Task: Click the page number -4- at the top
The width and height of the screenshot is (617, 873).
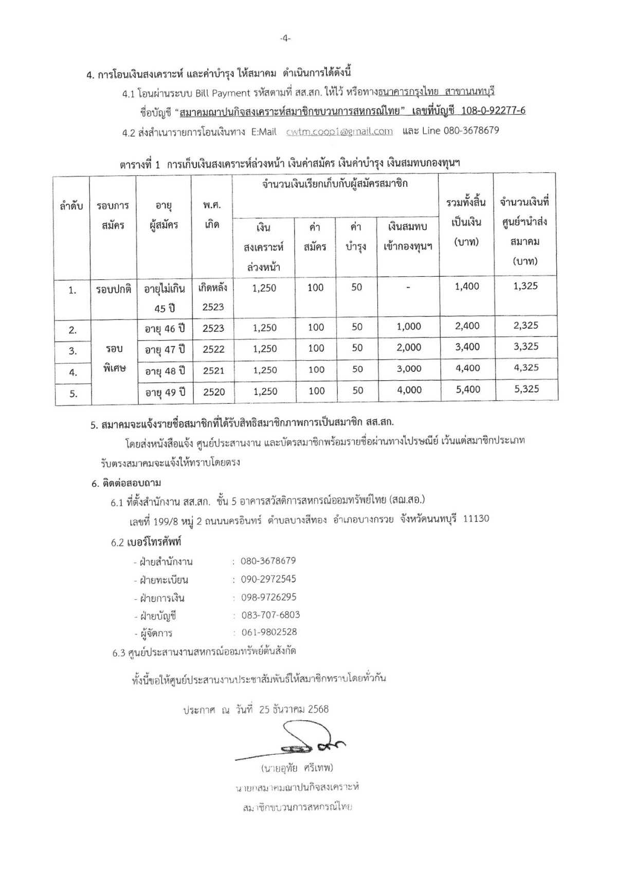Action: coord(285,38)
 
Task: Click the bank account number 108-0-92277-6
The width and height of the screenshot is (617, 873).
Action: coord(492,111)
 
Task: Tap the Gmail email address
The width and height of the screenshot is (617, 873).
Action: coord(339,131)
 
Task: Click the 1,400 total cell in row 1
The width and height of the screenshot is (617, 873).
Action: coord(467,287)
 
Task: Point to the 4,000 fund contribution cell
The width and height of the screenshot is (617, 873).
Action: coord(409,390)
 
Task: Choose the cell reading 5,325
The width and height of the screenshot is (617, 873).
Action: coord(525,389)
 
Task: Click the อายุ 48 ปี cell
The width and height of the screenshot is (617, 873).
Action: coord(165,370)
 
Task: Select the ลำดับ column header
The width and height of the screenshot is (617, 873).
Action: coord(71,206)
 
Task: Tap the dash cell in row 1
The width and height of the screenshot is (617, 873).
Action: coord(408,288)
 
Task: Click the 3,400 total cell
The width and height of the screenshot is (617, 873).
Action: coord(467,347)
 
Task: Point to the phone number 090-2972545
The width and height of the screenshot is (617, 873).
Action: coord(268,579)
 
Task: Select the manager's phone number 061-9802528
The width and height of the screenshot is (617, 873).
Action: coord(268,632)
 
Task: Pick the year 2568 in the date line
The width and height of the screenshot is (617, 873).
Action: coord(318,709)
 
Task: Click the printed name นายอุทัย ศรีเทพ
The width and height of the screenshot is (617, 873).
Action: coord(297,769)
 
